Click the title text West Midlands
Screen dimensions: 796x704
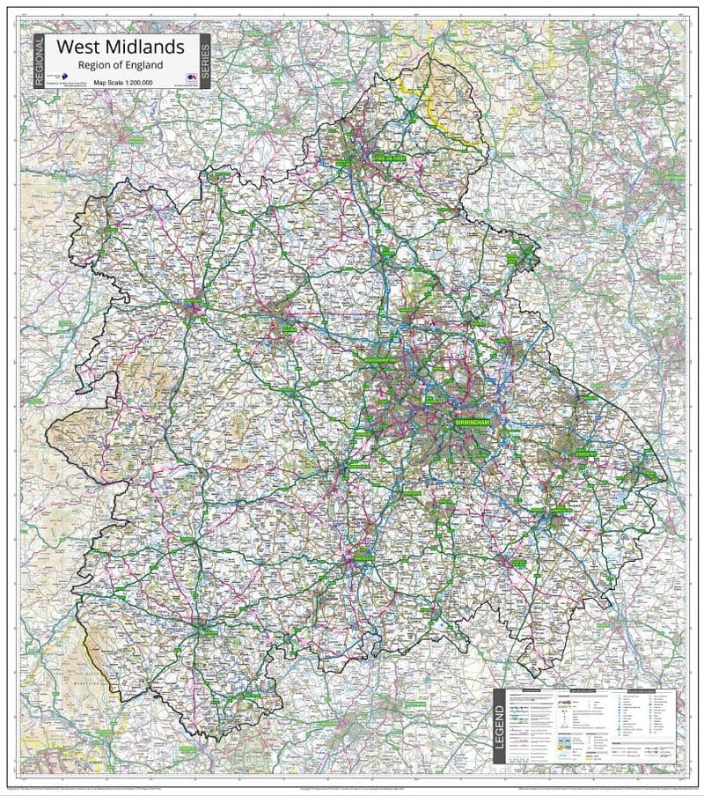click(121, 47)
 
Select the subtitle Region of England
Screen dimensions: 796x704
click(121, 65)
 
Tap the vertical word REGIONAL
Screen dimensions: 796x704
click(39, 61)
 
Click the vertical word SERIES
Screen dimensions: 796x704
click(204, 61)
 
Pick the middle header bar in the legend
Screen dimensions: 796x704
click(587, 692)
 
